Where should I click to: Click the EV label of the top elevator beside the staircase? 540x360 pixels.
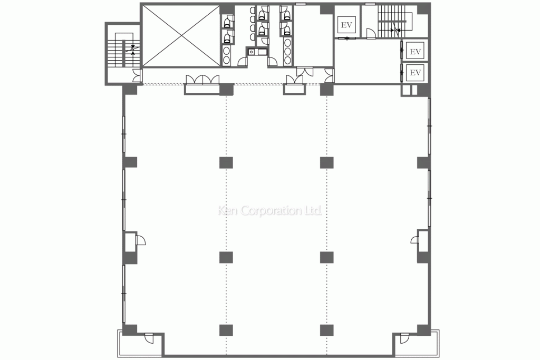[346, 25]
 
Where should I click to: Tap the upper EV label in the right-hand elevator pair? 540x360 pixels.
[416, 52]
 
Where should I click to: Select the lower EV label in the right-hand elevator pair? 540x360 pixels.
[416, 73]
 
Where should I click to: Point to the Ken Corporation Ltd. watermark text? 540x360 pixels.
[270, 210]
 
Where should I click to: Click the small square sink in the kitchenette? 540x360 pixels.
[252, 52]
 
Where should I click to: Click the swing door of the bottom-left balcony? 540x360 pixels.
[149, 338]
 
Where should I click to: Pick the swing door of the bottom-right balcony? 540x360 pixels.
[404, 338]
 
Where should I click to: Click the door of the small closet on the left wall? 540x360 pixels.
[140, 240]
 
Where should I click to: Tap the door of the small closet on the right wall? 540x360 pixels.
[414, 240]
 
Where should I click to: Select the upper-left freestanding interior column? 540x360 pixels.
[226, 162]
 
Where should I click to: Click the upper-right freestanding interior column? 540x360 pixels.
[326, 162]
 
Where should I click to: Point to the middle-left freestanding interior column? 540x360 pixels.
[226, 257]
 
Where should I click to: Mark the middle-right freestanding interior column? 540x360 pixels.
[326, 257]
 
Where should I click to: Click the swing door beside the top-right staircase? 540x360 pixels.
[371, 33]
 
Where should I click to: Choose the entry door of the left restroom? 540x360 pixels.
[243, 61]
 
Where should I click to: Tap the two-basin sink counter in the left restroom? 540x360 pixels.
[227, 55]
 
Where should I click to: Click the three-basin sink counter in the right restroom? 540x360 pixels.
[287, 51]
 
